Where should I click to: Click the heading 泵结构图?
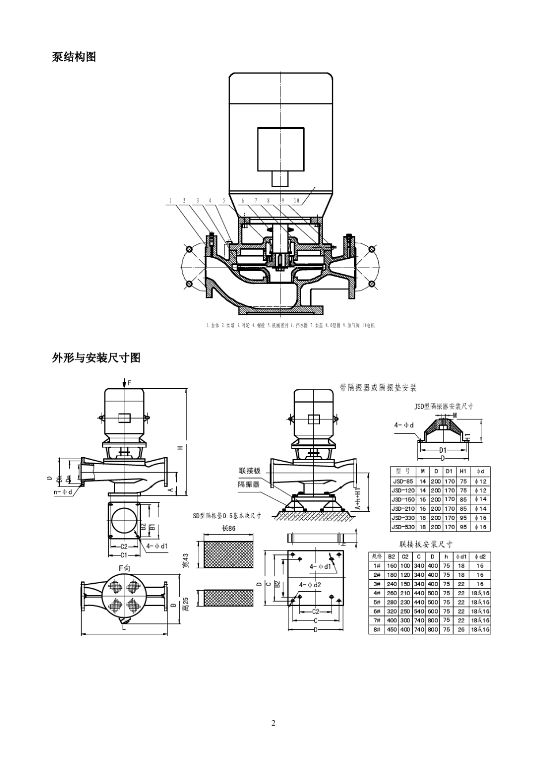pyautogui.click(x=74, y=57)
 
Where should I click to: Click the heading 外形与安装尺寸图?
pyautogui.click(x=96, y=358)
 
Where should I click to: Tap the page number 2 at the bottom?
pyautogui.click(x=273, y=723)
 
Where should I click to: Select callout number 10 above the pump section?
pyautogui.click(x=296, y=201)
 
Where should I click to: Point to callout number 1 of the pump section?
pyautogui.click(x=170, y=201)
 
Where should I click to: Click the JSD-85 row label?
pyautogui.click(x=402, y=481)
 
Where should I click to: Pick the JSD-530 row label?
pyautogui.click(x=402, y=527)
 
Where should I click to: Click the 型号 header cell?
pyautogui.click(x=402, y=472)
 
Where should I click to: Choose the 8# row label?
pyautogui.click(x=377, y=630)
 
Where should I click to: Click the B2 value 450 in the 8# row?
pyautogui.click(x=392, y=630)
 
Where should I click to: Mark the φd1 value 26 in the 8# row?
pyautogui.click(x=461, y=630)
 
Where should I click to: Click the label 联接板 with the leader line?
pyautogui.click(x=249, y=471)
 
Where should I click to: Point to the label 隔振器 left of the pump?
pyautogui.click(x=249, y=484)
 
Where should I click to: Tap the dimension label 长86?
pyautogui.click(x=229, y=529)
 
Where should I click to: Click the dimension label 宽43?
pyautogui.click(x=185, y=561)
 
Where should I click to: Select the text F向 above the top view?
pyautogui.click(x=124, y=568)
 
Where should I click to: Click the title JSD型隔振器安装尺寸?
pyautogui.click(x=443, y=406)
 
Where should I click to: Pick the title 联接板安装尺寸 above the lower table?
pyautogui.click(x=426, y=544)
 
